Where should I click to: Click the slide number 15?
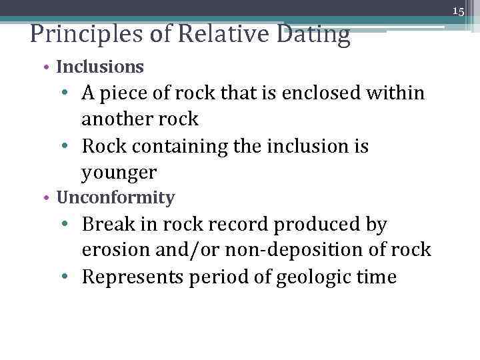click(458, 11)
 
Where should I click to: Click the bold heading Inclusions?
click(100, 67)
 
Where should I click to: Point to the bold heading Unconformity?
click(116, 198)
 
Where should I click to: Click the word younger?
click(119, 173)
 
